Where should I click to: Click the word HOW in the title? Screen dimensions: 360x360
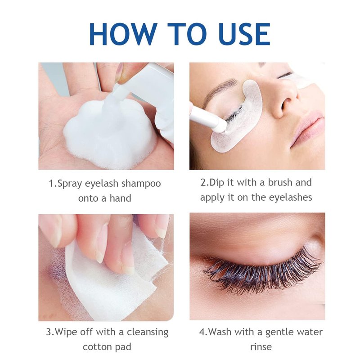123,34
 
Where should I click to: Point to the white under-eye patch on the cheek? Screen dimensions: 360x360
237,117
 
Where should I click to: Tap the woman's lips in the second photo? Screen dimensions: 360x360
306,129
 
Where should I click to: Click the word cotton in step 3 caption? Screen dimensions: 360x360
96,347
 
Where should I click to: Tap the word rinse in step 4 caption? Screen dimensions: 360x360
261,347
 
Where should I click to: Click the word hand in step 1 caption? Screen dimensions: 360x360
120,198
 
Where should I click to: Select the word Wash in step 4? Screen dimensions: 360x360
219,332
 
